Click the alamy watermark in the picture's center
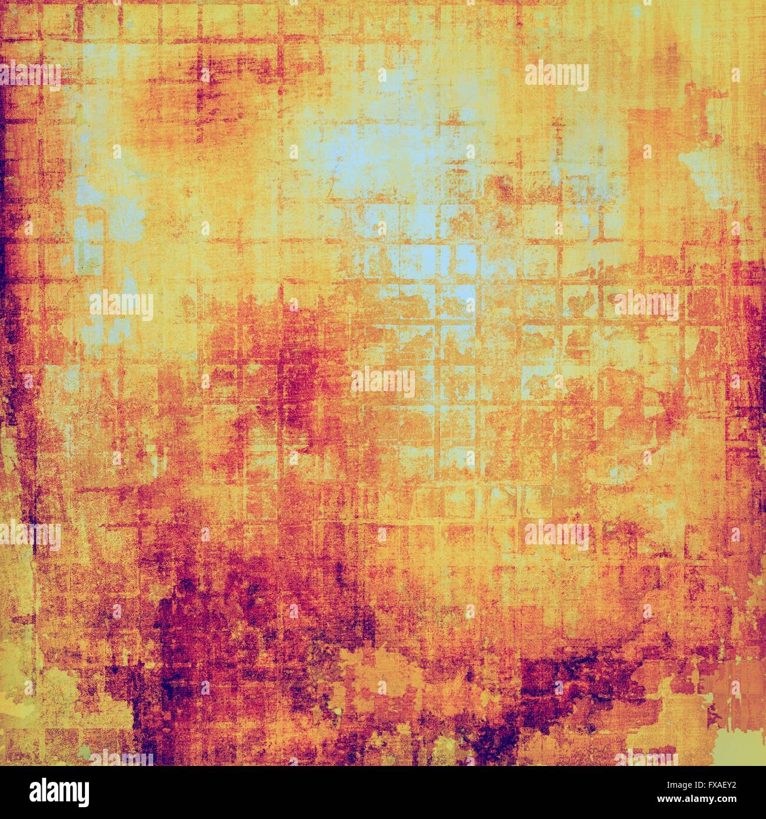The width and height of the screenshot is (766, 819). (x=383, y=382)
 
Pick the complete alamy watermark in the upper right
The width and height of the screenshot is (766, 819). (x=556, y=77)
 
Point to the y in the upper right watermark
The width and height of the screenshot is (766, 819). (x=583, y=79)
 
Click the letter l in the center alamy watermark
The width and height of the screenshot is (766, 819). (x=366, y=382)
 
